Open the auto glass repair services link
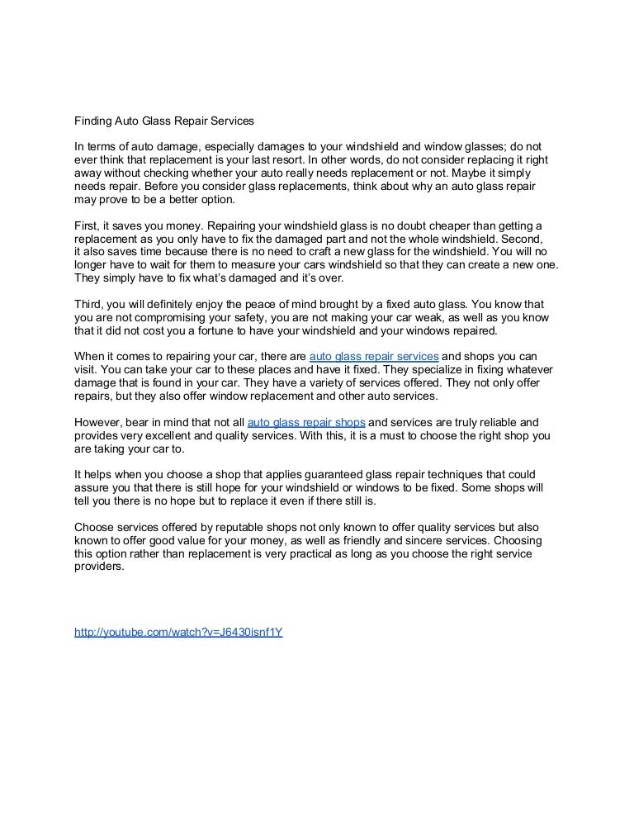(x=373, y=356)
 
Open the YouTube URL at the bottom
(x=179, y=632)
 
